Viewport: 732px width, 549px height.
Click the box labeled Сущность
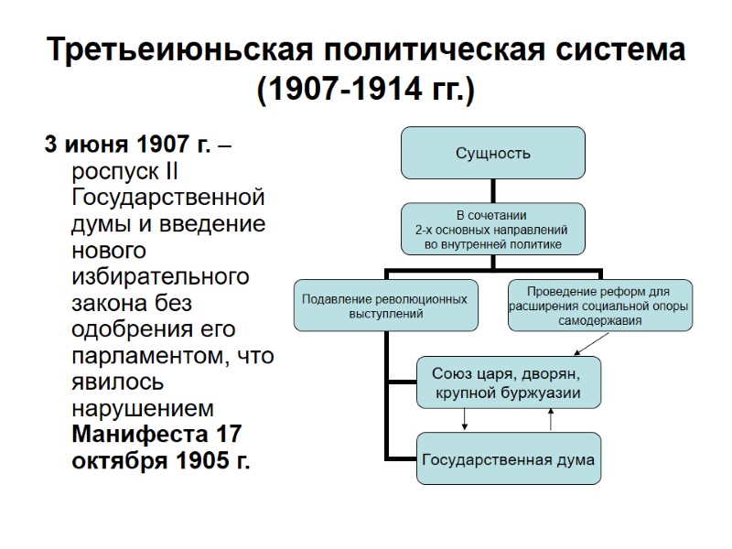click(492, 153)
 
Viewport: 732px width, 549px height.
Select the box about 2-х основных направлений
click(492, 229)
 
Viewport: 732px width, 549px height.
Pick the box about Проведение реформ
click(600, 306)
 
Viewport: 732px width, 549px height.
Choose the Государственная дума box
click(509, 459)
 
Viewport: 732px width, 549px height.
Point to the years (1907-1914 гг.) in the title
click(366, 91)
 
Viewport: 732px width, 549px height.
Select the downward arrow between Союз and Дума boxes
click(466, 418)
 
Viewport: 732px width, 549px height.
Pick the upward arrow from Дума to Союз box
click(551, 419)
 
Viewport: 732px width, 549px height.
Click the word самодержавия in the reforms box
click(600, 321)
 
